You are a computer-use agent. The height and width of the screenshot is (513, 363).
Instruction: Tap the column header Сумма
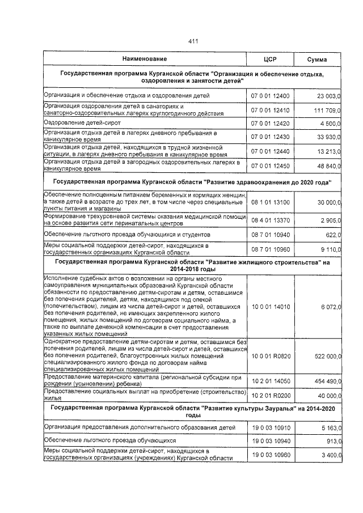click(317, 59)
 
